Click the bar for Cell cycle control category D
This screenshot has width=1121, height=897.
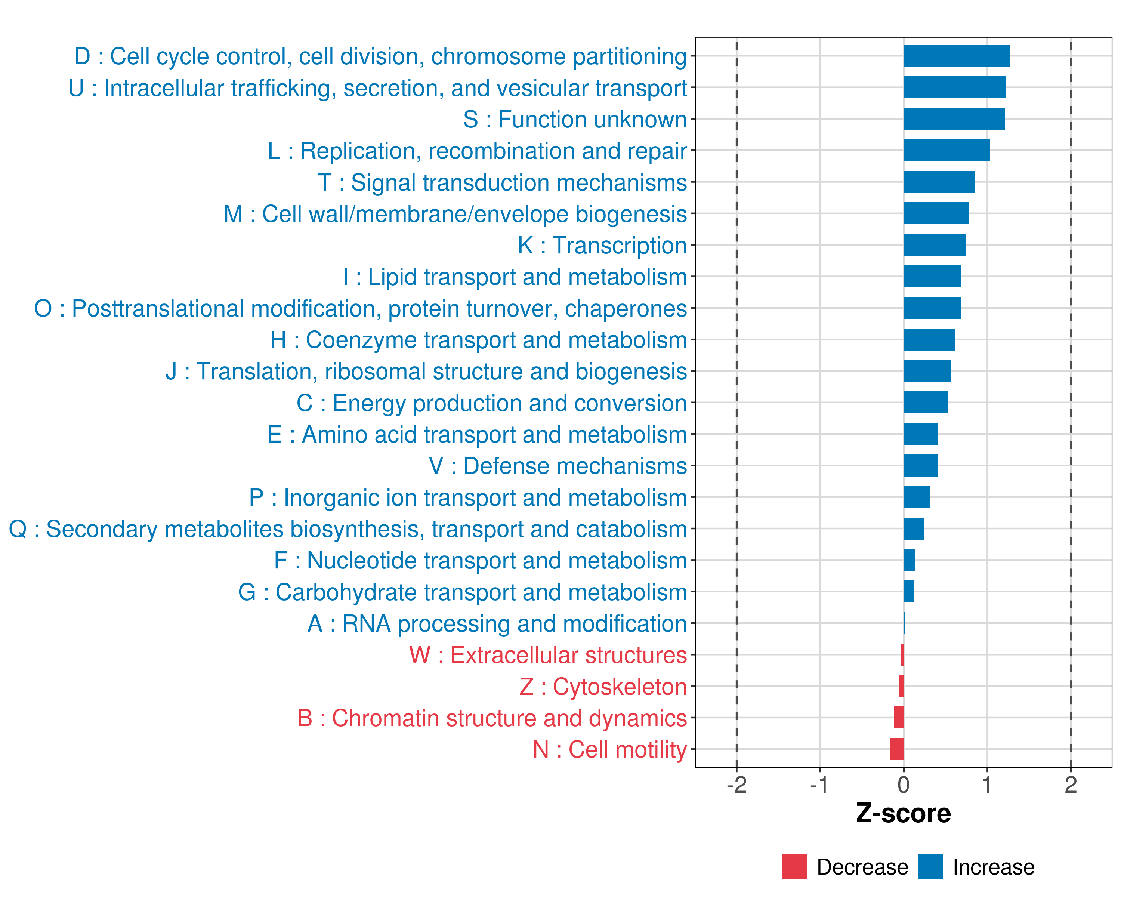pos(956,56)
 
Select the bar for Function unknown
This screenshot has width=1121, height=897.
pos(954,119)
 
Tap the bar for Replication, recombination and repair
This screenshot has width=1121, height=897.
pos(946,151)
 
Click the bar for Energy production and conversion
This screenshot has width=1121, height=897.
pos(926,403)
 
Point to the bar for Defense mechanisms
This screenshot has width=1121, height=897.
pos(920,465)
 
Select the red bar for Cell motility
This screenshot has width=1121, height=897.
pos(897,749)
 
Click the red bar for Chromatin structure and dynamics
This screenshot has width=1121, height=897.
pos(898,718)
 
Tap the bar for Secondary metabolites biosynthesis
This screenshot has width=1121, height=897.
pos(914,529)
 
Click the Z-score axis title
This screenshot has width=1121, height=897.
pos(904,813)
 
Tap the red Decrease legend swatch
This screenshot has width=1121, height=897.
pos(794,866)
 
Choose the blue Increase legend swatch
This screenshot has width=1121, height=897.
pos(930,866)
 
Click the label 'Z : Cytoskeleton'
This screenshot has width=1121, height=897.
pos(603,687)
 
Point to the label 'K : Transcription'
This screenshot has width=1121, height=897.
pos(602,246)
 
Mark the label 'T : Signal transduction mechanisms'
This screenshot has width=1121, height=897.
pos(502,182)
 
